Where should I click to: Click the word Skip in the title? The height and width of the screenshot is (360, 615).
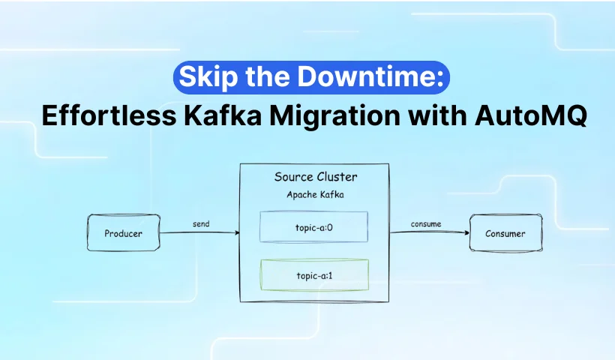click(x=208, y=77)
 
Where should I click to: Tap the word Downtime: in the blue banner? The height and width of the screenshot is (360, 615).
click(x=370, y=76)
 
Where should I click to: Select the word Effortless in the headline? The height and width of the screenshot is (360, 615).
click(x=109, y=115)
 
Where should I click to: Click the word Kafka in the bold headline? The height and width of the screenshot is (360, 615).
click(x=223, y=115)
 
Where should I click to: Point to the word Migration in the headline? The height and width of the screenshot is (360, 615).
click(x=334, y=116)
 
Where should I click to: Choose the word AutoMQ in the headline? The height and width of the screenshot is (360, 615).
click(x=531, y=116)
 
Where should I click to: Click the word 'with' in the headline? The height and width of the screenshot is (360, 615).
click(x=437, y=115)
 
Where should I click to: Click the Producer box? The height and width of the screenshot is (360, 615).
click(x=124, y=232)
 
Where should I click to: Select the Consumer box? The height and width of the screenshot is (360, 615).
click(x=506, y=233)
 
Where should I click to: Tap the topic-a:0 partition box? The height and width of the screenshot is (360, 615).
click(x=313, y=227)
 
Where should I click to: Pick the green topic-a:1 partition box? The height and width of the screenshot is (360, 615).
click(x=314, y=275)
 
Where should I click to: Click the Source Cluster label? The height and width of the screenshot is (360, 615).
click(x=316, y=177)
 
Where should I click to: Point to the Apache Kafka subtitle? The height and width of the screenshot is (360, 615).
click(x=315, y=194)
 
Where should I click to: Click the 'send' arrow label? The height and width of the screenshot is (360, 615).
click(x=201, y=224)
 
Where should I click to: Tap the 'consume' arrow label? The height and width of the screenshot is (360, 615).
click(x=426, y=224)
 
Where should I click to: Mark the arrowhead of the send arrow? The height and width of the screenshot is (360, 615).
click(x=237, y=232)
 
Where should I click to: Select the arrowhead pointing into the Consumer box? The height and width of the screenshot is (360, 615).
click(x=466, y=232)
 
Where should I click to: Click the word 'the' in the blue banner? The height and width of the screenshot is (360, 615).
click(x=268, y=76)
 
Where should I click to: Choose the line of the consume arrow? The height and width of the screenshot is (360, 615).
click(x=430, y=232)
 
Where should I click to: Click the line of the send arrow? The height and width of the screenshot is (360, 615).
click(x=199, y=232)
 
